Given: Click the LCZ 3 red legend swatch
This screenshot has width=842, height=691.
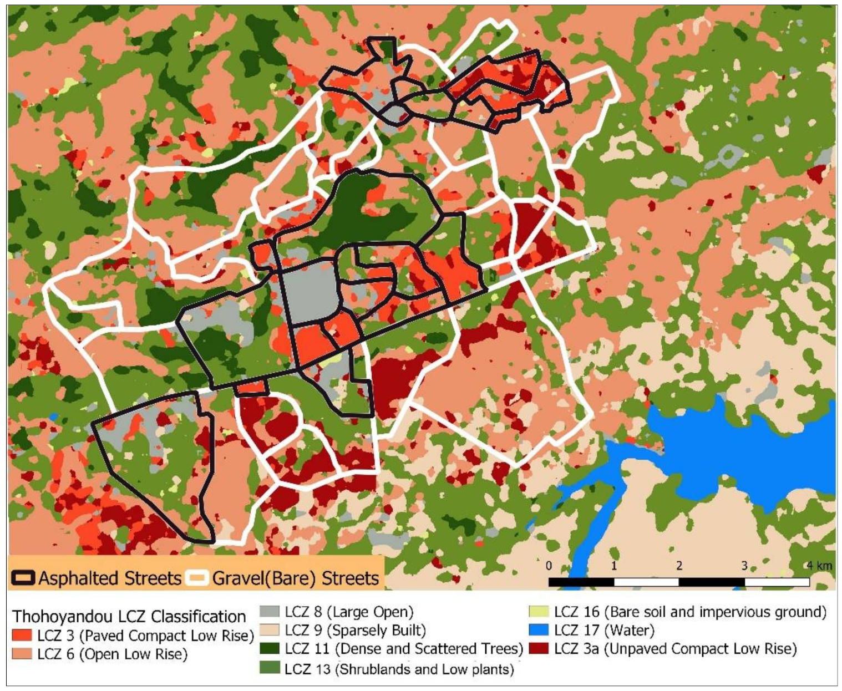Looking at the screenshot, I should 22,635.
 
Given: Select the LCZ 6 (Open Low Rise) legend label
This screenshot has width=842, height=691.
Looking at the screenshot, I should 113,654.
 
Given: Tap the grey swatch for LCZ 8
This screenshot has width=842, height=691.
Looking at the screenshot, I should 270,612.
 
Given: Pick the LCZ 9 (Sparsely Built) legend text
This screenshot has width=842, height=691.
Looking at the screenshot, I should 355,631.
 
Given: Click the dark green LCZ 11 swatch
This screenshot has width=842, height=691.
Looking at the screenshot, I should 270,649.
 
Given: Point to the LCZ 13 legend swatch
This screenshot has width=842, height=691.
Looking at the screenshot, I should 270,668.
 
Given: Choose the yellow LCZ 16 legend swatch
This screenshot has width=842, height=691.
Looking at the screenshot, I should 539,612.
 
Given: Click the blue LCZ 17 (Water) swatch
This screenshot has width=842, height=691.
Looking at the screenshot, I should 539,631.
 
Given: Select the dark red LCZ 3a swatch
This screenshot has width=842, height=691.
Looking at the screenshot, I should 539,649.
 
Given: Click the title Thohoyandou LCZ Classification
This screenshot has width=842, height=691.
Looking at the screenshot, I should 129,616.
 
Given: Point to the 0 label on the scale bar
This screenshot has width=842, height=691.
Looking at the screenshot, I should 549,566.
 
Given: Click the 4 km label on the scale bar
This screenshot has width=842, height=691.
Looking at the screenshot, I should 819,566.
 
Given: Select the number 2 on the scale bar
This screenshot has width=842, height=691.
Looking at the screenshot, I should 679,566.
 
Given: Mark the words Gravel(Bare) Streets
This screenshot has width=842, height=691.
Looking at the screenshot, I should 295,578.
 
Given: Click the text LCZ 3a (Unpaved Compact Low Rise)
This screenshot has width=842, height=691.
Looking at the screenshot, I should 674,649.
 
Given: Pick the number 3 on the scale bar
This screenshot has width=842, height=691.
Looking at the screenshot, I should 744,566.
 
